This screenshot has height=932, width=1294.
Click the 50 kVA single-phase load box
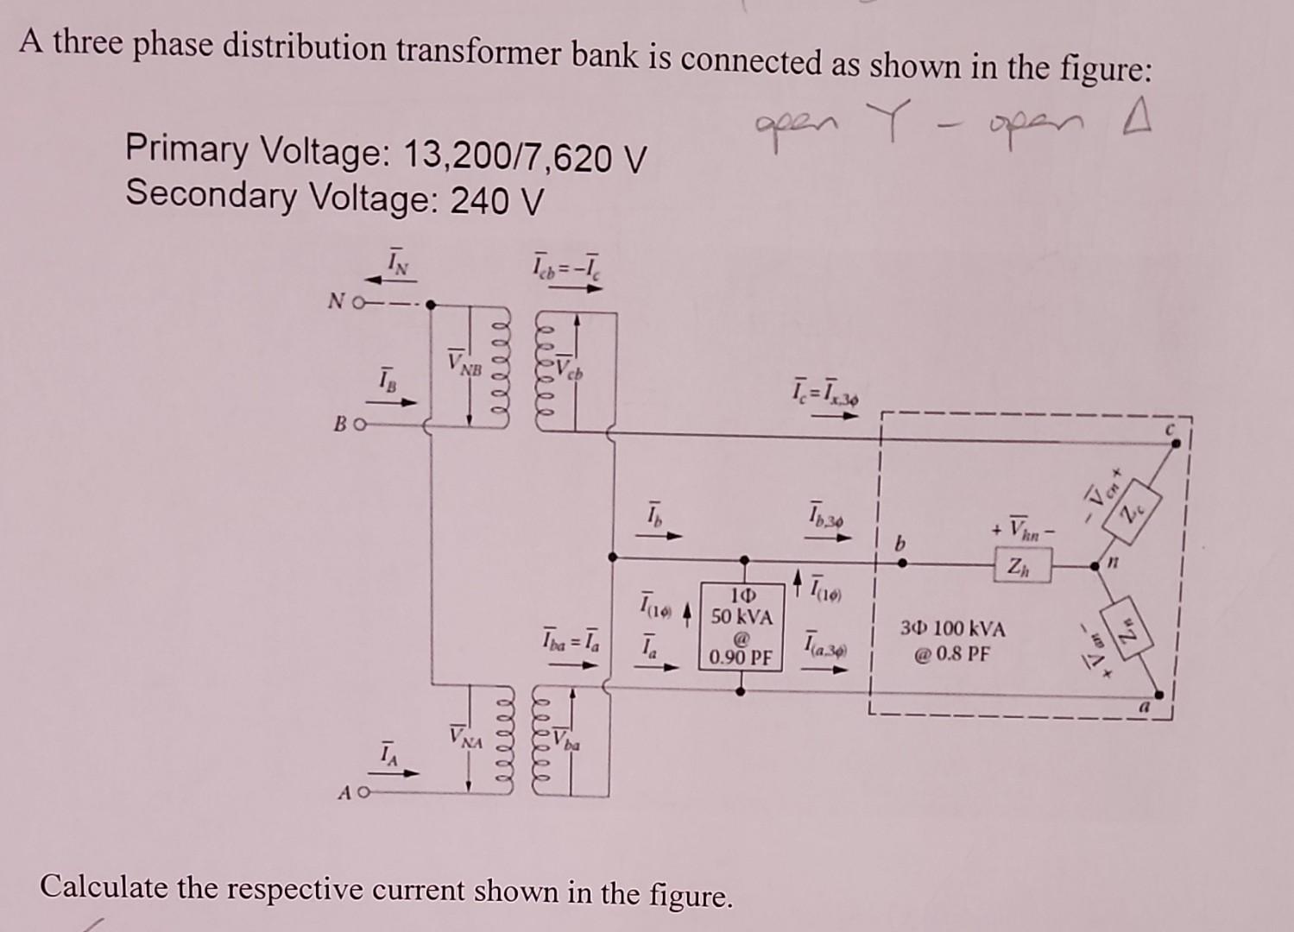coord(741,627)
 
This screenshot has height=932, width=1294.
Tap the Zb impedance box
coord(1022,567)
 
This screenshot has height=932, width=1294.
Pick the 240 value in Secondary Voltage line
coord(482,202)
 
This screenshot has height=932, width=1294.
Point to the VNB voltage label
coord(464,363)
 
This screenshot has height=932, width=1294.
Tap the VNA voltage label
coord(465,739)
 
